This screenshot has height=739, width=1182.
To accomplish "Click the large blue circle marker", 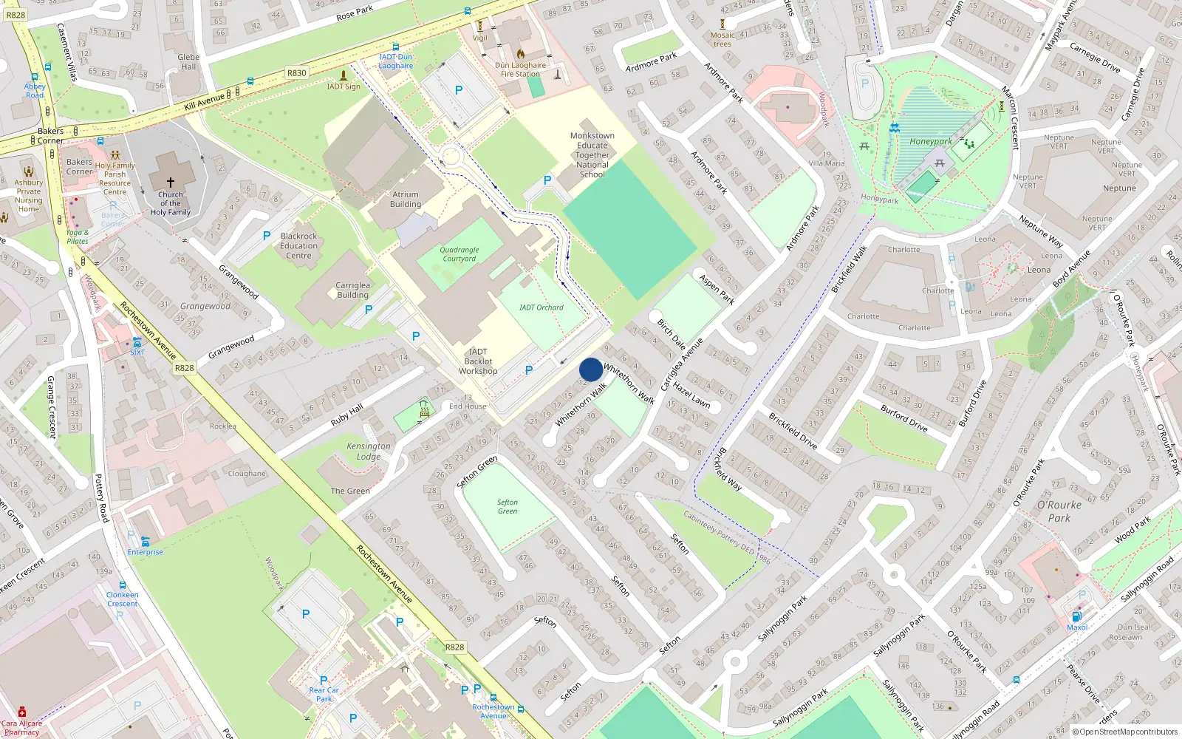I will [591, 369].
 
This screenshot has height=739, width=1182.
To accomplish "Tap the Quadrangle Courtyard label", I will [460, 254].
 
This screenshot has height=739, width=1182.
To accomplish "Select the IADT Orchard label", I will [541, 307].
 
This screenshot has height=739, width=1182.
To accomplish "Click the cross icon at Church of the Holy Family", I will [171, 182].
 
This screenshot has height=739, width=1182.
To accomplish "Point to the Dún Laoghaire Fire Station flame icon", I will [521, 54].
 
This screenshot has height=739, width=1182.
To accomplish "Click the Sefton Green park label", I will [508, 507].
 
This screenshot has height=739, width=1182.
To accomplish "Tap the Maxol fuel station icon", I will [1077, 616].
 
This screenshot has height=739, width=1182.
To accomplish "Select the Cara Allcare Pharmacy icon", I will [22, 712].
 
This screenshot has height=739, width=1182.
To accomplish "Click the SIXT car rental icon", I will [137, 342].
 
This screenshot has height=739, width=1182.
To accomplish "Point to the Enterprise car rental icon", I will [145, 542].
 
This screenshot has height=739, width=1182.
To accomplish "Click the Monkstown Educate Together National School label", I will [592, 155].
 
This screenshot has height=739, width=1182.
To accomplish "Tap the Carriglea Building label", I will [352, 290].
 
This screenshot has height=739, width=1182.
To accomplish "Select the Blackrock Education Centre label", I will [298, 246].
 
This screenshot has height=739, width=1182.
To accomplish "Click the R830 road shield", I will [296, 73].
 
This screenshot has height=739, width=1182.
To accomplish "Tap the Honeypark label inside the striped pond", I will [930, 141].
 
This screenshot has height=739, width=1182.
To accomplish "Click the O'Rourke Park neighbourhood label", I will [1059, 511].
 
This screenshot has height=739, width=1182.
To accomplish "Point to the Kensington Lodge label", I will [369, 451].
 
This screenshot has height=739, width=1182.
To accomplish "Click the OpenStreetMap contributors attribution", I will [1125, 732].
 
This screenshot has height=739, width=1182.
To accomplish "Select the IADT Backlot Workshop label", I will [478, 361].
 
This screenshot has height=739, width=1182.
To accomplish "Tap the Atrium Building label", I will [406, 200].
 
